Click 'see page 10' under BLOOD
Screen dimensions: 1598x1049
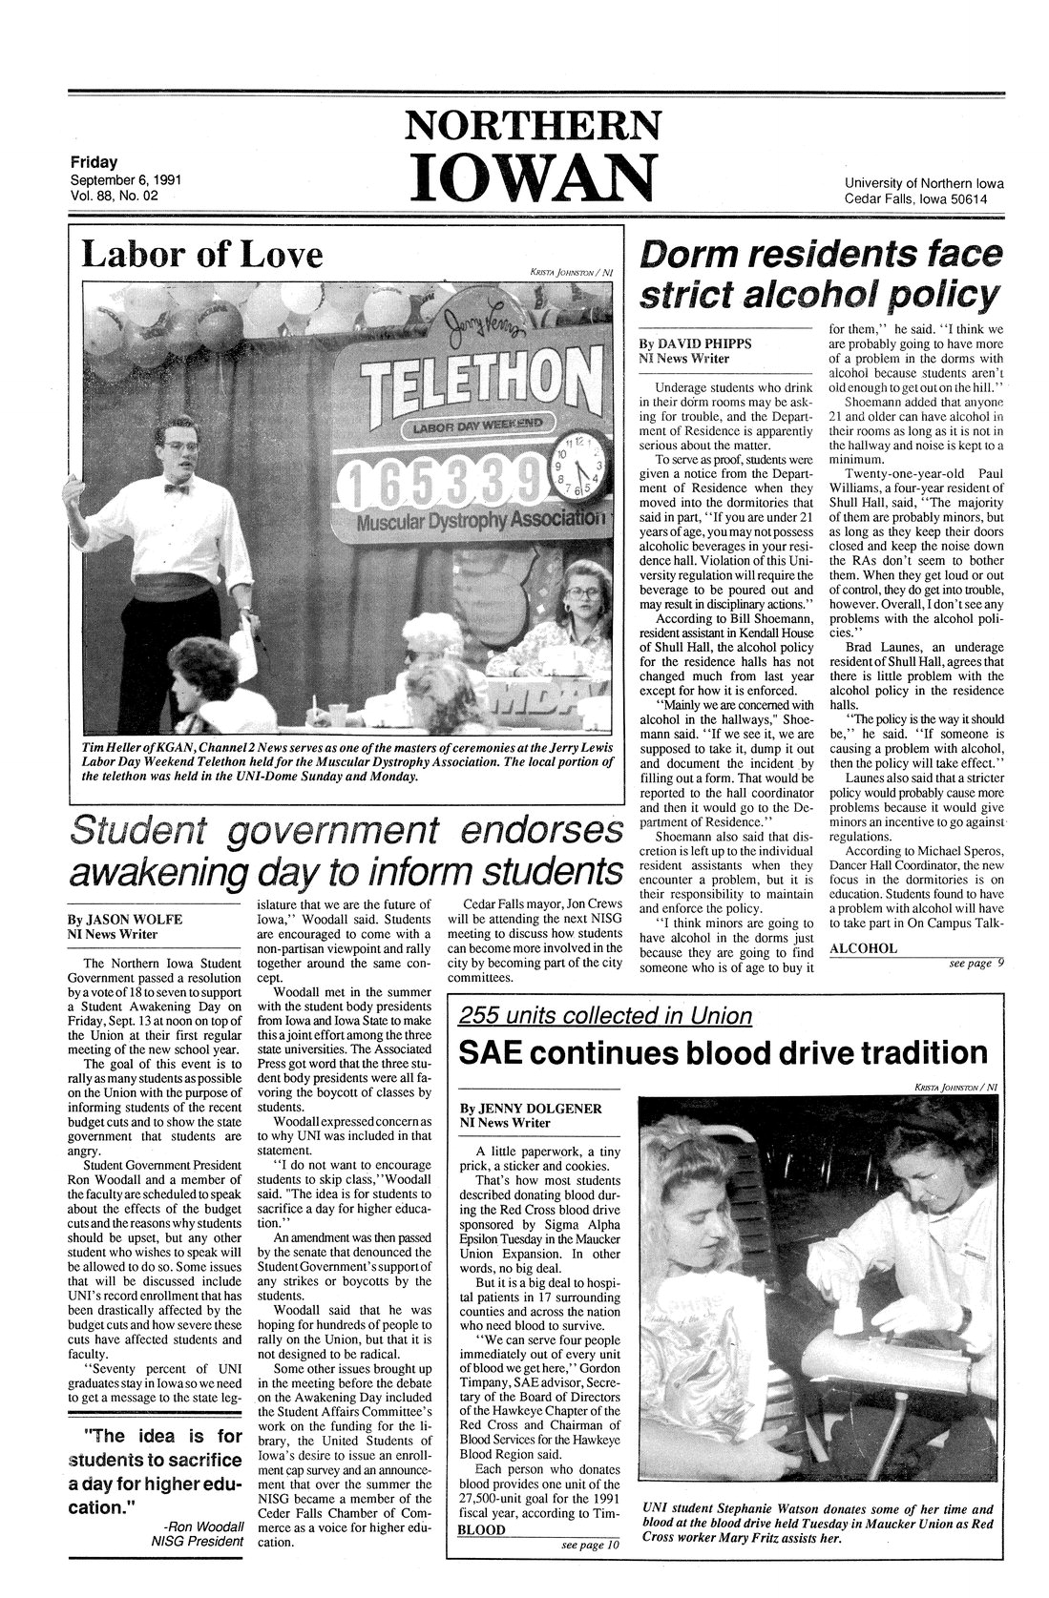pyautogui.click(x=590, y=1545)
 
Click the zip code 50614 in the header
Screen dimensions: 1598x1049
pyautogui.click(x=989, y=200)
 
